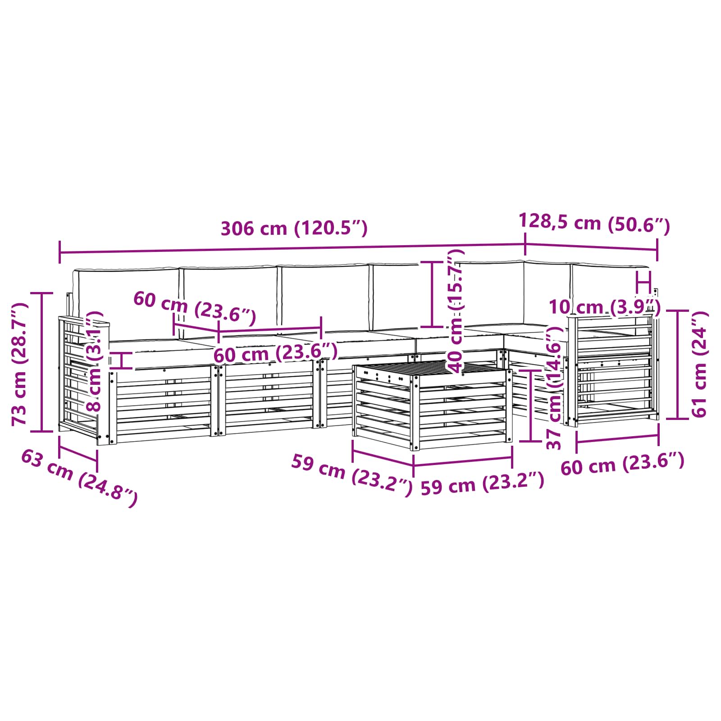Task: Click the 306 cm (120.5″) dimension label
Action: pos(294,228)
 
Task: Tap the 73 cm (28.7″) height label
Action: pos(20,365)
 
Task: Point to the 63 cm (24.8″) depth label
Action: pos(79,479)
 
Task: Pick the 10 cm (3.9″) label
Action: pos(604,307)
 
